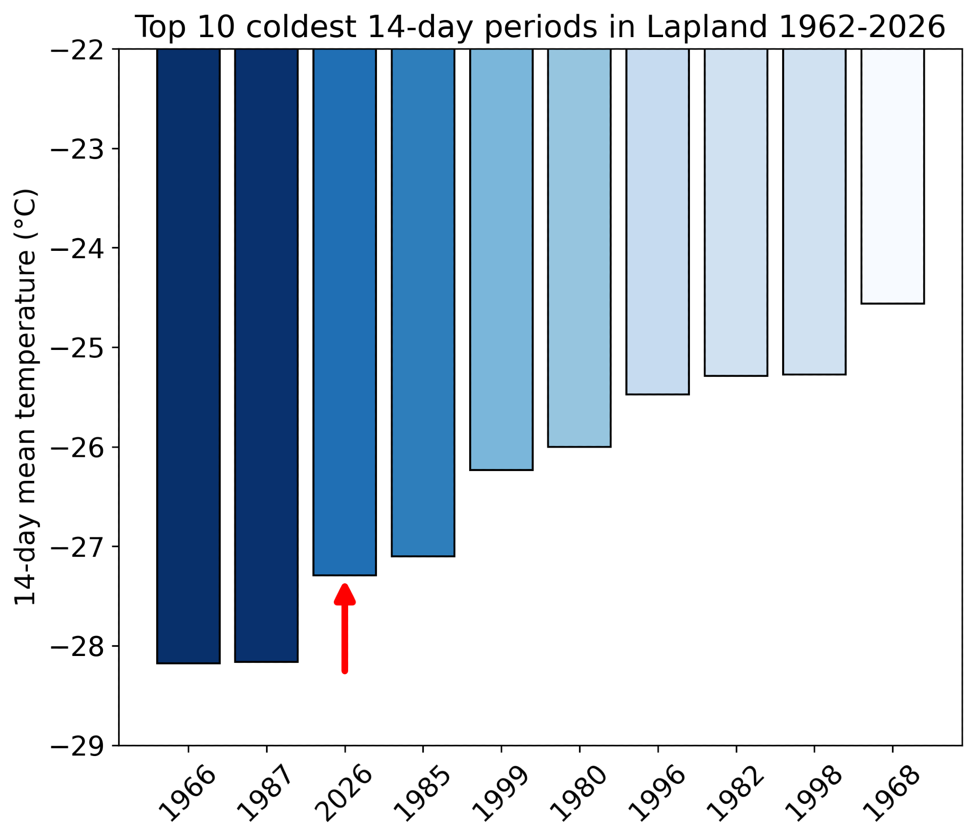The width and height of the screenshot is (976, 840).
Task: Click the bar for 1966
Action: (188, 356)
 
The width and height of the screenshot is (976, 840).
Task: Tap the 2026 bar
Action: (344, 312)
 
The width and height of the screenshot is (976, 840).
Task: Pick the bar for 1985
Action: (423, 302)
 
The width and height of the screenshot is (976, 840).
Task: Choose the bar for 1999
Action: (501, 259)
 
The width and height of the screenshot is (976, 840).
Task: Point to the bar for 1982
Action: (736, 212)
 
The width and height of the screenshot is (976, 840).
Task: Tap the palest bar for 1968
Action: (892, 176)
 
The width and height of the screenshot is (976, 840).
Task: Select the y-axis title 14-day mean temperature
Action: (25, 396)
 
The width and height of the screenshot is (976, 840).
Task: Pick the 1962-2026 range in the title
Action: (862, 27)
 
